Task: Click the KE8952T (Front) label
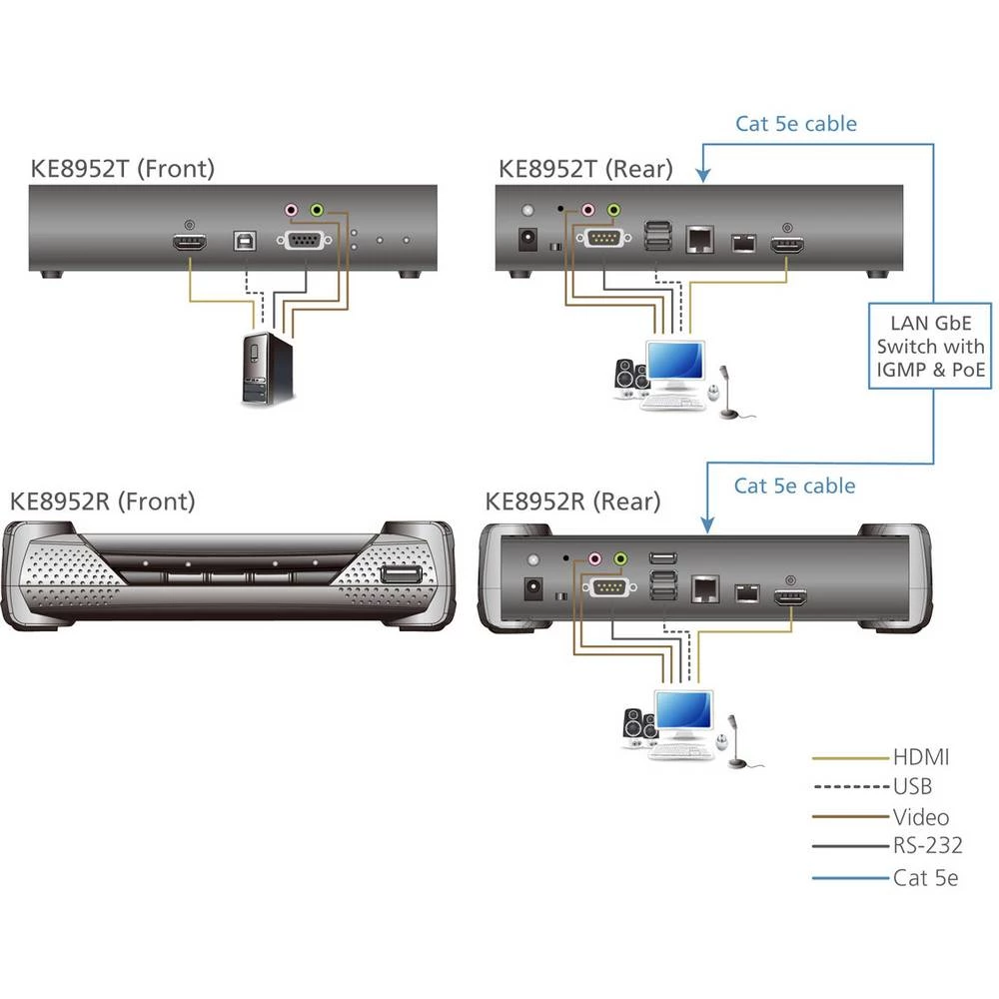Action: coord(122,169)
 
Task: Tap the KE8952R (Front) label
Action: coord(102,500)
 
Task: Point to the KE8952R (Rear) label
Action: coord(572,500)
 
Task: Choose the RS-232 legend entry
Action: coord(927,846)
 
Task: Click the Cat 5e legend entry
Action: coord(925,878)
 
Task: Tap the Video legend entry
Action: coord(921,817)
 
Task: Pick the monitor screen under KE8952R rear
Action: coord(682,713)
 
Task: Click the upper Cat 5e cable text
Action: coord(796,124)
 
